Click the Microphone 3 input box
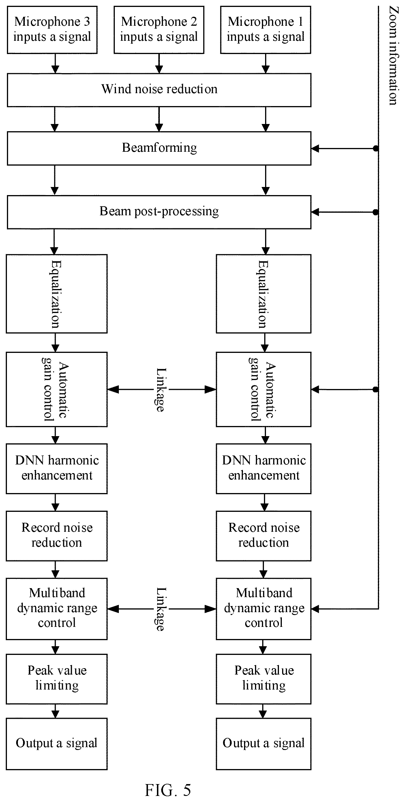(52, 30)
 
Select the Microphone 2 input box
(159, 30)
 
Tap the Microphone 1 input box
(265, 30)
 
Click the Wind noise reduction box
(159, 90)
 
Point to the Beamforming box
(159, 148)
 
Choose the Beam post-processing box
(159, 212)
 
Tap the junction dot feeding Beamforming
(376, 149)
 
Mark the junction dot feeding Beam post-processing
(376, 212)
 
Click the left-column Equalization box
(57, 294)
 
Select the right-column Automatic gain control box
(264, 389)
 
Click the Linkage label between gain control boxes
(161, 390)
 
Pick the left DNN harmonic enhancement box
(57, 468)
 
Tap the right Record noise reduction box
(264, 536)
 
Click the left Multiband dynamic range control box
(57, 609)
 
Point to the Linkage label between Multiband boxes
(161, 609)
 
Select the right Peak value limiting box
(264, 679)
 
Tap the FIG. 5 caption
(168, 790)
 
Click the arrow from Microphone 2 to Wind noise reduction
(159, 64)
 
